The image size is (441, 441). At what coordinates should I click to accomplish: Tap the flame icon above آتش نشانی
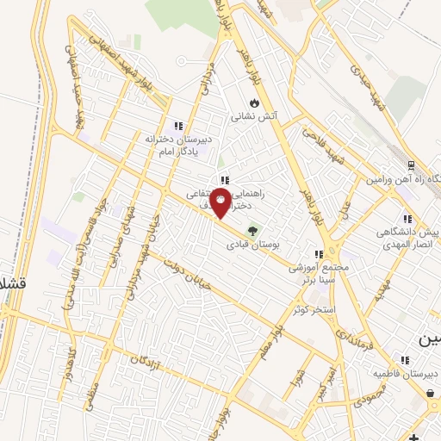tap(254, 102)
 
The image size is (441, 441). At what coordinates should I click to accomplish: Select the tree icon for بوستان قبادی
tap(252, 231)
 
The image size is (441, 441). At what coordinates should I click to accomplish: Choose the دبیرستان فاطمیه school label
tap(406, 373)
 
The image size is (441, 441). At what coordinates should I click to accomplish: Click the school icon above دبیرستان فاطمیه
tap(403, 359)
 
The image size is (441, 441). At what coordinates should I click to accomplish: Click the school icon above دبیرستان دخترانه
tap(178, 125)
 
